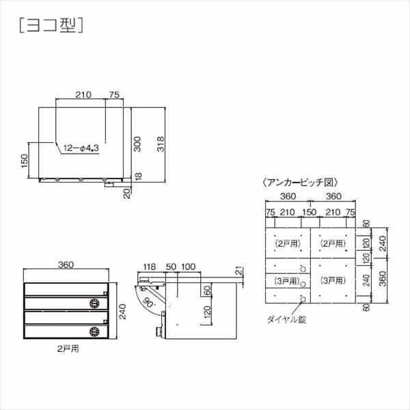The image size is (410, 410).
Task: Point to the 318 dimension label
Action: tap(160, 144)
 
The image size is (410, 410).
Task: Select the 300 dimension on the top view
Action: tap(137, 144)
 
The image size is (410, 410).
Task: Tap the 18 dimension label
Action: tap(137, 177)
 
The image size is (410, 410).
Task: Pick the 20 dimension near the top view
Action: tap(127, 194)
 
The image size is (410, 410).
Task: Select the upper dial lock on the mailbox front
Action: tap(95, 303)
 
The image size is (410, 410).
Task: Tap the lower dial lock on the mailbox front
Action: tap(95, 332)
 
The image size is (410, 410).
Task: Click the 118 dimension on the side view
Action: tap(149, 266)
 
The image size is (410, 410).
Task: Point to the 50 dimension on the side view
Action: tap(171, 266)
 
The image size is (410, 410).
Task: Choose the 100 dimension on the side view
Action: tap(189, 266)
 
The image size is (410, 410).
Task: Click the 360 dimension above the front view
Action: tap(66, 265)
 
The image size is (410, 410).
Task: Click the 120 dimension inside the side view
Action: tap(206, 316)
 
